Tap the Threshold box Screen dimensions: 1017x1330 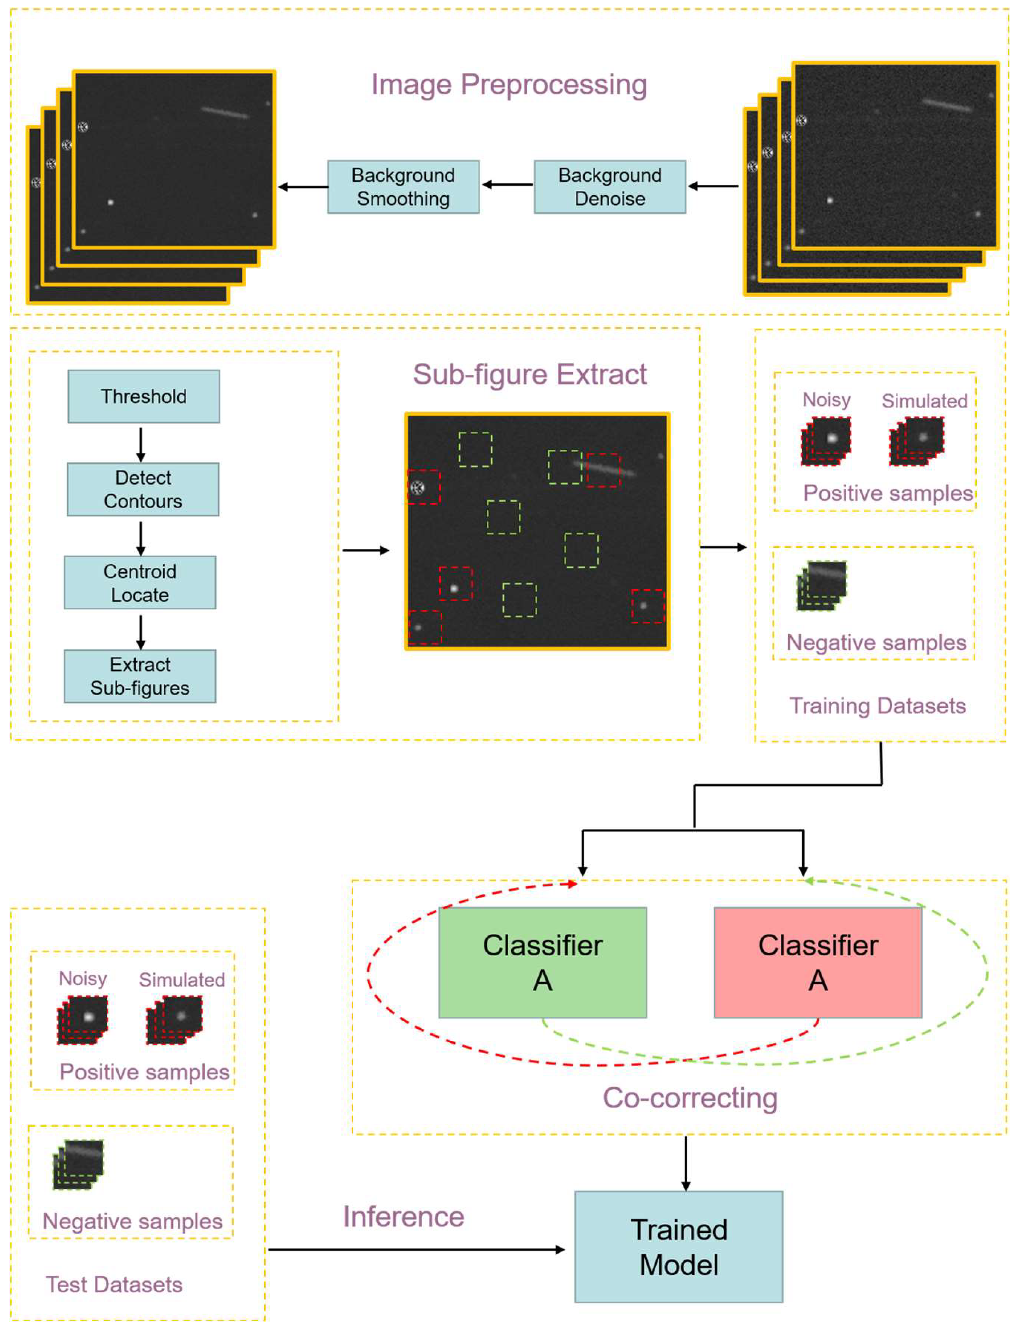click(143, 396)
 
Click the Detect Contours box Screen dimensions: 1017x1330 click(143, 489)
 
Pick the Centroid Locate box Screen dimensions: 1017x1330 click(140, 583)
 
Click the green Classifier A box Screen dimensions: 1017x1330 click(543, 963)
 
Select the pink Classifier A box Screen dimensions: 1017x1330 click(818, 963)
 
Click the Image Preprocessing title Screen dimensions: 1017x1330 click(509, 85)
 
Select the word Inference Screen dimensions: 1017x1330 click(404, 1217)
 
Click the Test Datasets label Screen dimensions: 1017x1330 click(114, 1285)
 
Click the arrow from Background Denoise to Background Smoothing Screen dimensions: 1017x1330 click(507, 185)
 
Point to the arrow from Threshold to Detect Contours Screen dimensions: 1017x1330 click(141, 445)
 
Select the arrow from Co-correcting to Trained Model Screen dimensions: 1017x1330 click(686, 1164)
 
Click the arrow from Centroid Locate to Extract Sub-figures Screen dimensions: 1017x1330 click(141, 632)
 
